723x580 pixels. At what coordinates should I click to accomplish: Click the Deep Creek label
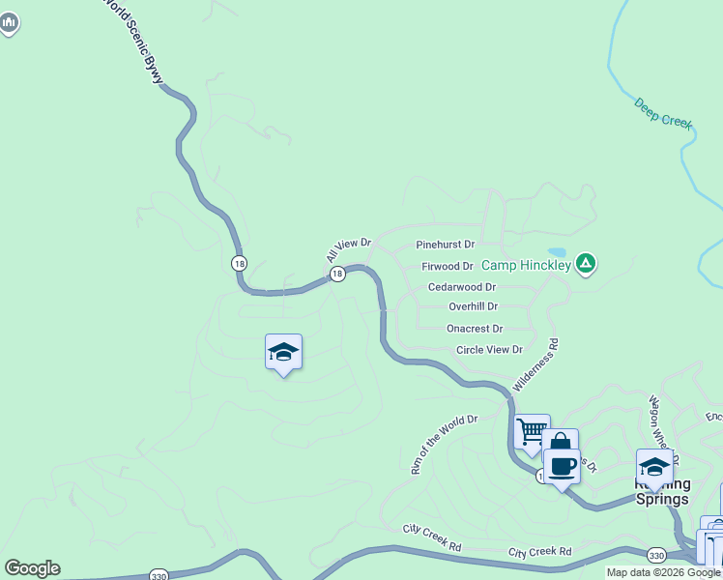pyautogui.click(x=664, y=111)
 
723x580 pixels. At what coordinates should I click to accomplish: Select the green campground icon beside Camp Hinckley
pyautogui.click(x=585, y=263)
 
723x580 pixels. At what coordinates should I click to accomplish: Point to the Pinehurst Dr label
pyautogui.click(x=445, y=246)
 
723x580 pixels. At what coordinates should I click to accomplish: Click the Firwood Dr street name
pyautogui.click(x=448, y=266)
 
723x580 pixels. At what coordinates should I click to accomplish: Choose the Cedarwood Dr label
pyautogui.click(x=461, y=287)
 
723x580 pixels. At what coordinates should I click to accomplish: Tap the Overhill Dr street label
pyautogui.click(x=473, y=306)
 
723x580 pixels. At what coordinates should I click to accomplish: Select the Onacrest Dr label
pyautogui.click(x=474, y=329)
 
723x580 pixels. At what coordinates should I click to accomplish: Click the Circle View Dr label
pyautogui.click(x=489, y=350)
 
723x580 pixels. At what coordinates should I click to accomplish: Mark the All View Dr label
pyautogui.click(x=348, y=249)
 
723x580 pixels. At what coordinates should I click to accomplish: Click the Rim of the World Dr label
pyautogui.click(x=444, y=445)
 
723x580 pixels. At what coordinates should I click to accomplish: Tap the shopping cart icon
pyautogui.click(x=532, y=432)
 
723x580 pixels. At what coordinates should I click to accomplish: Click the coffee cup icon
pyautogui.click(x=562, y=467)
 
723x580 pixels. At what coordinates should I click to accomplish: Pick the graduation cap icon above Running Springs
pyautogui.click(x=654, y=466)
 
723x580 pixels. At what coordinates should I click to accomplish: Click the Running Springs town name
pyautogui.click(x=661, y=491)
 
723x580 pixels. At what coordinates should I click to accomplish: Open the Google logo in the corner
pyautogui.click(x=32, y=568)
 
